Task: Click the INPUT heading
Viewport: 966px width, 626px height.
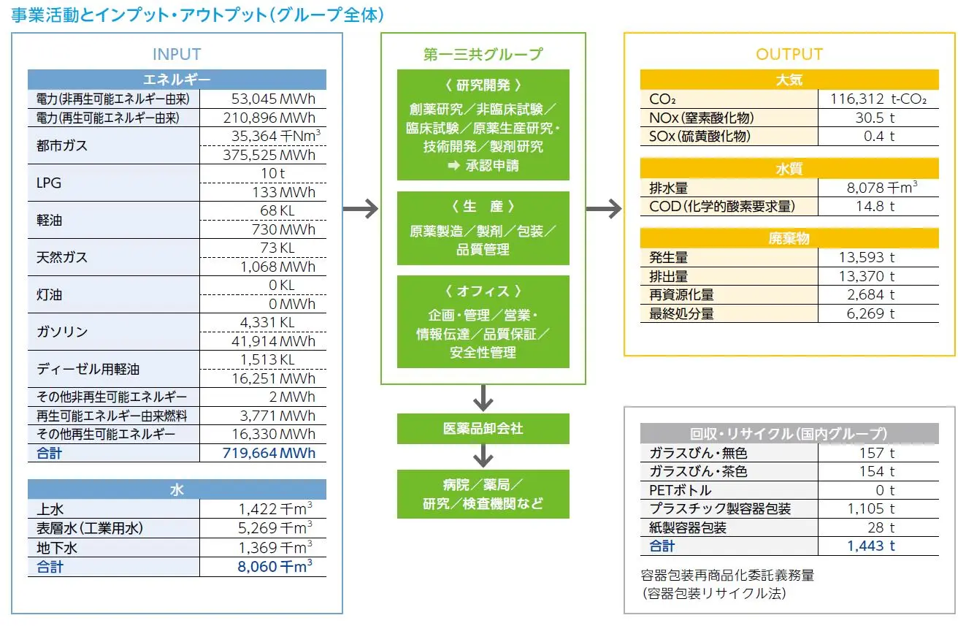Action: coord(177,54)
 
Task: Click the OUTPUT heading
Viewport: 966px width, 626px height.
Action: coord(789,54)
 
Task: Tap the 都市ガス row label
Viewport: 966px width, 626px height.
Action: coord(62,145)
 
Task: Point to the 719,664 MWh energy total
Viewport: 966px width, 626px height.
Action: coord(269,453)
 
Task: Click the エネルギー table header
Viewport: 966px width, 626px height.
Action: coord(177,80)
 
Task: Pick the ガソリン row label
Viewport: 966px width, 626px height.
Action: coord(62,332)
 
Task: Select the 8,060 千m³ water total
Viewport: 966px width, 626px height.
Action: coord(275,566)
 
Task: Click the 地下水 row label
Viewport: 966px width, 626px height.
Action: coord(56,547)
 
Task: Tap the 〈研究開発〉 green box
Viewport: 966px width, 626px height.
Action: coord(483,125)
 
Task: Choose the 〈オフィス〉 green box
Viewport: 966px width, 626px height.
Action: coord(483,321)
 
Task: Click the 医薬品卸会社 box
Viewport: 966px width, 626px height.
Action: coord(483,429)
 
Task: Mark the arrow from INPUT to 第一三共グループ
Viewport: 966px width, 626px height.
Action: coord(361,210)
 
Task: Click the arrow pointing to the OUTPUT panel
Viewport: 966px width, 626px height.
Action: coord(604,210)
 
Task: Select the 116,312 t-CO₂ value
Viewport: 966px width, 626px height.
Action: coord(883,99)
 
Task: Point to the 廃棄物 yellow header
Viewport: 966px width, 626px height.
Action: coord(789,238)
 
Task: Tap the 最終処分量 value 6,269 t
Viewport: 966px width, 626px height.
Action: coord(870,313)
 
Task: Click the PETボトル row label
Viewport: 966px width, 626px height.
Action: coord(680,490)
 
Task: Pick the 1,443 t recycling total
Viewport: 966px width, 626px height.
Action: coord(870,546)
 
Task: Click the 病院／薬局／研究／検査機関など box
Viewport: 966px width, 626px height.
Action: coord(483,495)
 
